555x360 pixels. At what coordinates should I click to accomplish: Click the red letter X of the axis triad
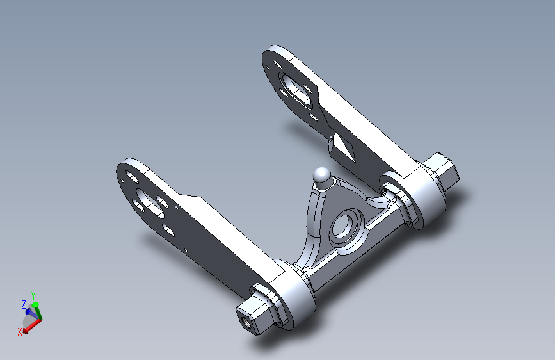(20, 332)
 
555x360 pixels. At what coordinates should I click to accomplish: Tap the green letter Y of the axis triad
(33, 295)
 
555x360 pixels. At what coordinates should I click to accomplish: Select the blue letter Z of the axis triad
(24, 305)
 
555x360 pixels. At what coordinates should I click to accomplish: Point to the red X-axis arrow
(32, 326)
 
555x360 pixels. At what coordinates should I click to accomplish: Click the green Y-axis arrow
(37, 311)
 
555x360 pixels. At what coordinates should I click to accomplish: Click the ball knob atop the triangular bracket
(322, 176)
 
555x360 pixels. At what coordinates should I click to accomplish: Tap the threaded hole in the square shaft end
(245, 322)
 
